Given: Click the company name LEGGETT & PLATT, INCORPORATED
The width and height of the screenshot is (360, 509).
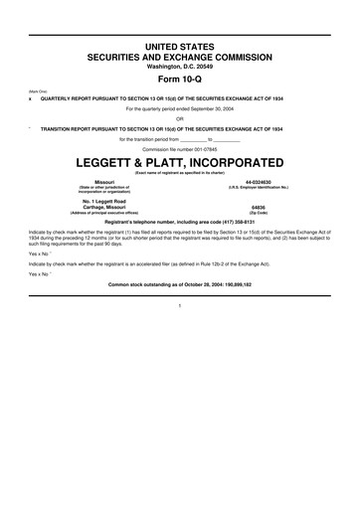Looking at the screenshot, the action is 180,161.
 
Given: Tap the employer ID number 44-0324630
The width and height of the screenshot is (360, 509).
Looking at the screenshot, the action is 258,182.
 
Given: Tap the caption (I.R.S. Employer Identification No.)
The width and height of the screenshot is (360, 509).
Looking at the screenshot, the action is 258,188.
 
